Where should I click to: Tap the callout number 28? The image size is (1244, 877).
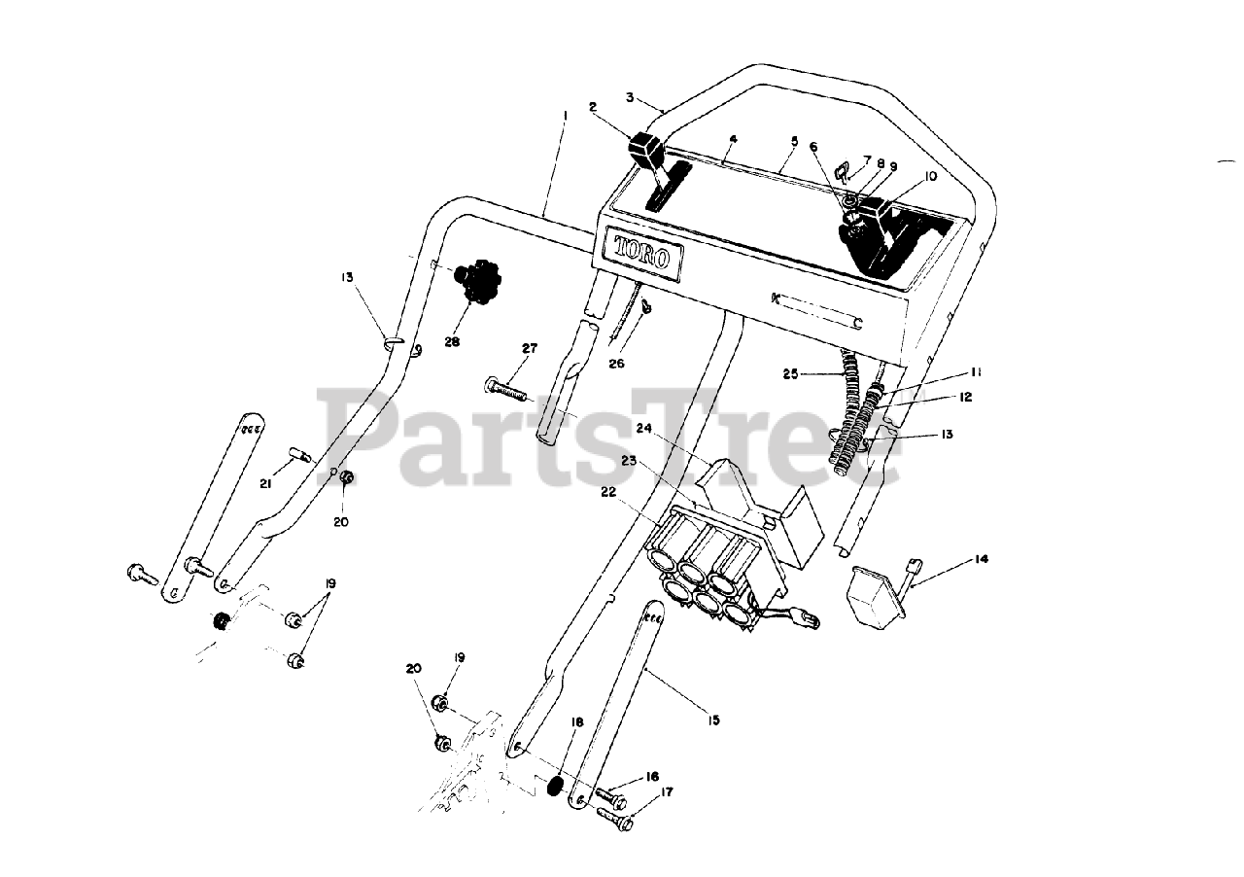pyautogui.click(x=452, y=341)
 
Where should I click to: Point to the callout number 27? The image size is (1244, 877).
pyautogui.click(x=529, y=348)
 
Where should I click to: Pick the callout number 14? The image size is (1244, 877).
pyautogui.click(x=981, y=560)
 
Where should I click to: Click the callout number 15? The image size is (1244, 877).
pyautogui.click(x=714, y=720)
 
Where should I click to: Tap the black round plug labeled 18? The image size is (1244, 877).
pyautogui.click(x=556, y=785)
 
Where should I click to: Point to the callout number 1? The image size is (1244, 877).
pyautogui.click(x=565, y=115)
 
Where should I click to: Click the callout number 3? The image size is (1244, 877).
pyautogui.click(x=630, y=97)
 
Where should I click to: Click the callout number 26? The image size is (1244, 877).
pyautogui.click(x=616, y=364)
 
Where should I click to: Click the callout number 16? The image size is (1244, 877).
pyautogui.click(x=652, y=776)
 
